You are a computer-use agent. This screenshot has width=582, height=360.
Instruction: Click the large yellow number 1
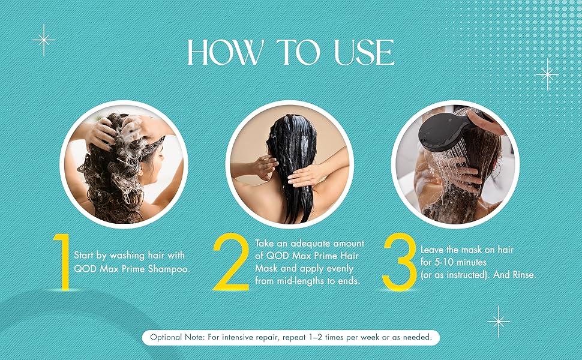pos(63,261)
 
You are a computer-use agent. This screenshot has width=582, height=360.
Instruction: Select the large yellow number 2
pos(230,261)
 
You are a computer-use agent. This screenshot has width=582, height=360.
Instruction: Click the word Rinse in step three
pos(524,275)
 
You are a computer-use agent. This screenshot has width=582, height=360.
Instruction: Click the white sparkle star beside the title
pos(44,40)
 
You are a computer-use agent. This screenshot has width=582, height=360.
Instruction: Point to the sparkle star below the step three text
pos(498,322)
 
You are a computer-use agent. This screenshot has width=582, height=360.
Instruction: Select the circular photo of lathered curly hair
pos(124,165)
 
